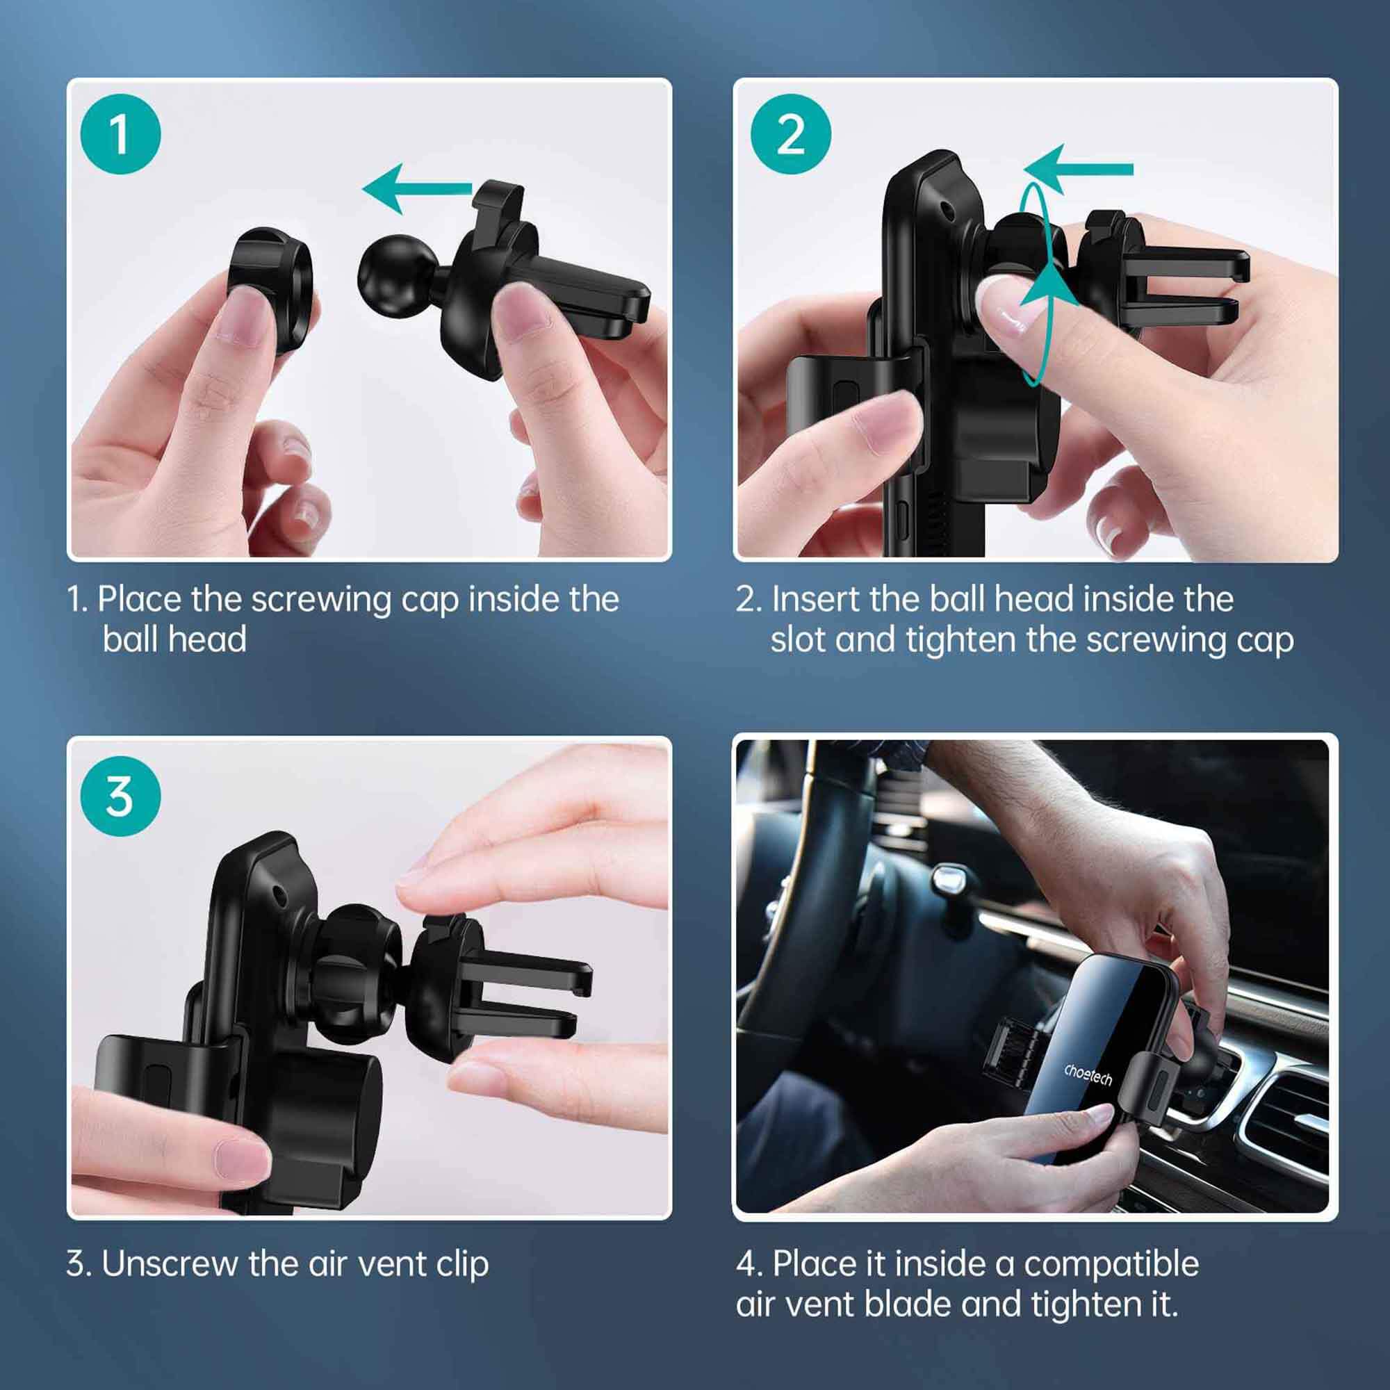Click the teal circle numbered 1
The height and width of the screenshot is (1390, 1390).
point(120,134)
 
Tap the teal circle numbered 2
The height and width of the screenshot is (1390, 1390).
point(791,134)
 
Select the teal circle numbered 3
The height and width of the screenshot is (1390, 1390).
point(120,796)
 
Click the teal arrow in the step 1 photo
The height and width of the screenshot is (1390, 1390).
point(417,188)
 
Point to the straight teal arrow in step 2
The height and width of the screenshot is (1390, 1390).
point(1078,170)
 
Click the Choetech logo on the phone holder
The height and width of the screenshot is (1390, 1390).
point(1088,1075)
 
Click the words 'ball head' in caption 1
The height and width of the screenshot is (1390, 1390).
point(174,639)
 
